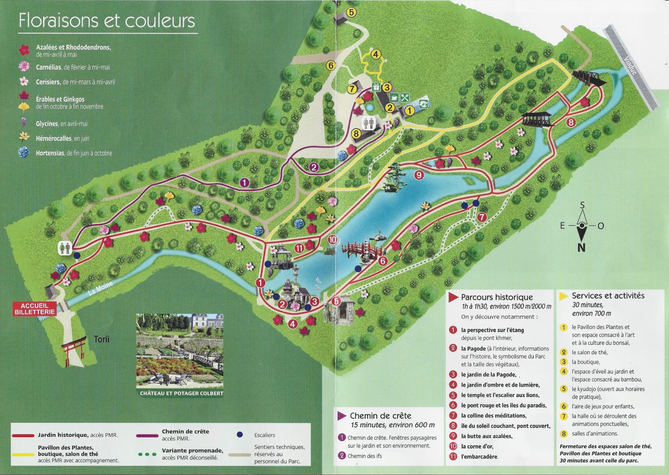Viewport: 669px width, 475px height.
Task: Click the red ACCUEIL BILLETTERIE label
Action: pyautogui.click(x=35, y=309)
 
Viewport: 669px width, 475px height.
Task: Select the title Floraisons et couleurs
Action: pyautogui.click(x=107, y=20)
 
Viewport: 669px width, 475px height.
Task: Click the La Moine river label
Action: pyautogui.click(x=101, y=289)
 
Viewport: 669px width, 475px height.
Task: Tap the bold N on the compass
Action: pyautogui.click(x=581, y=248)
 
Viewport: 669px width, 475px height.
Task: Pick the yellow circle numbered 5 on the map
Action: pyautogui.click(x=351, y=12)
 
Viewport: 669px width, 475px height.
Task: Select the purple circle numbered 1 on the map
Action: pyautogui.click(x=245, y=183)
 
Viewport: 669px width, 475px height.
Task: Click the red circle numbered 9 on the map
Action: pyautogui.click(x=419, y=175)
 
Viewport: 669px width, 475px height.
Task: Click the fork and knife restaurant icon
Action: pyautogui.click(x=405, y=98)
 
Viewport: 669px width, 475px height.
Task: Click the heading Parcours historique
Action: pyautogui.click(x=497, y=297)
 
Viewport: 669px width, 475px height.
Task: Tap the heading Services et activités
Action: pyautogui.click(x=608, y=295)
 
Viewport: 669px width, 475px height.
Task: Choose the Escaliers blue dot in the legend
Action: pyautogui.click(x=240, y=434)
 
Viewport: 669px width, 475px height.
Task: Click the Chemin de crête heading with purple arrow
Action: pyautogui.click(x=380, y=416)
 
